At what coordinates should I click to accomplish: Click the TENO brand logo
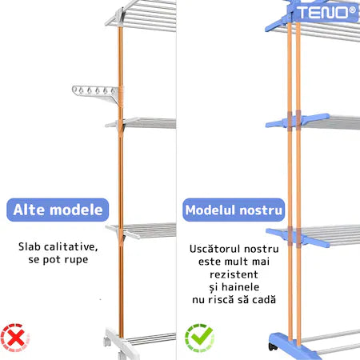tap(326, 13)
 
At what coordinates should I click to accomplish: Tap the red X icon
tap(15, 338)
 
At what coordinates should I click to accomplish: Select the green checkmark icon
tap(200, 338)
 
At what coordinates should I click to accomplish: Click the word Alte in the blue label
tap(28, 210)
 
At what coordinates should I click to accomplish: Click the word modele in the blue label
tap(76, 210)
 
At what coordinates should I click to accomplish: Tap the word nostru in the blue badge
tap(261, 210)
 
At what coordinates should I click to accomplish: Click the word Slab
tap(29, 246)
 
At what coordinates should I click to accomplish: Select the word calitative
tap(70, 247)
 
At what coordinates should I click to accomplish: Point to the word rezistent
tap(234, 274)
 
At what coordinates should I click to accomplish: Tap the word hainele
tap(240, 287)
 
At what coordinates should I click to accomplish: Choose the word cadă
tap(264, 300)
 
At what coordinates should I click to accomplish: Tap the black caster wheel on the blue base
tap(273, 346)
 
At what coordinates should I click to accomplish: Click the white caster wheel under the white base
tap(107, 342)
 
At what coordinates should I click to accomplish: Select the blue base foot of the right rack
tap(294, 346)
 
